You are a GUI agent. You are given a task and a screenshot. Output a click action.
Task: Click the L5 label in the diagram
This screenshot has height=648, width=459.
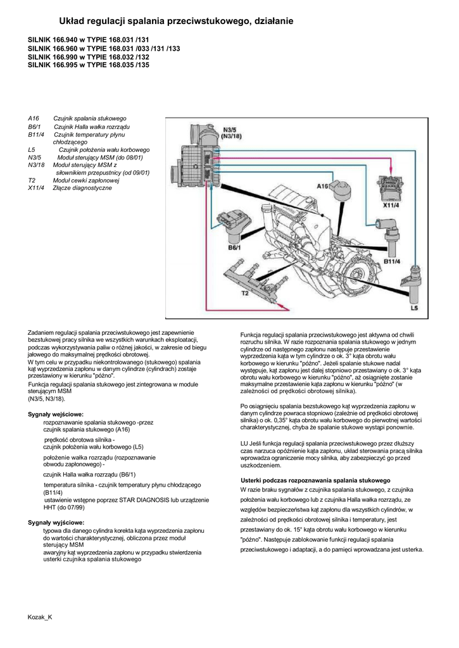[x=414, y=308]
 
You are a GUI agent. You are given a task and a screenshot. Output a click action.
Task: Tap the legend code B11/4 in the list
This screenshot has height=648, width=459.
[x=35, y=135]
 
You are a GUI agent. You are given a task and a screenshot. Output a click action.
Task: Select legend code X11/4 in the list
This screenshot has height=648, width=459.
[x=36, y=188]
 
